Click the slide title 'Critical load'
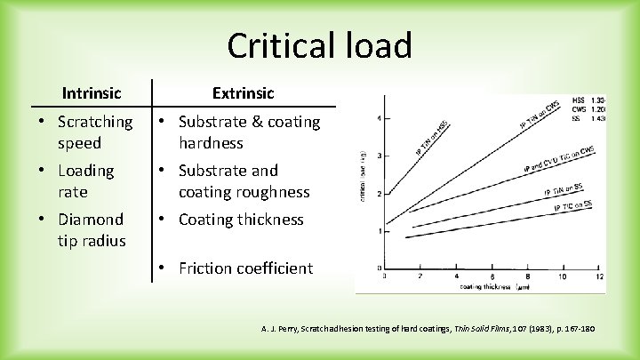(x=319, y=44)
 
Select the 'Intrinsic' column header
(x=92, y=92)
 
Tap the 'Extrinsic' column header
(x=243, y=92)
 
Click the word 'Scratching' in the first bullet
(x=95, y=121)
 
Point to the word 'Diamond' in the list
(x=92, y=219)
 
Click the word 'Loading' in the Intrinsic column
(x=86, y=170)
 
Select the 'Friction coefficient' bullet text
(x=245, y=268)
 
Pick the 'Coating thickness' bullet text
(x=241, y=219)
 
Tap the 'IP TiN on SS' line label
(x=562, y=189)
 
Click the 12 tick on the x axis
(x=600, y=276)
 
